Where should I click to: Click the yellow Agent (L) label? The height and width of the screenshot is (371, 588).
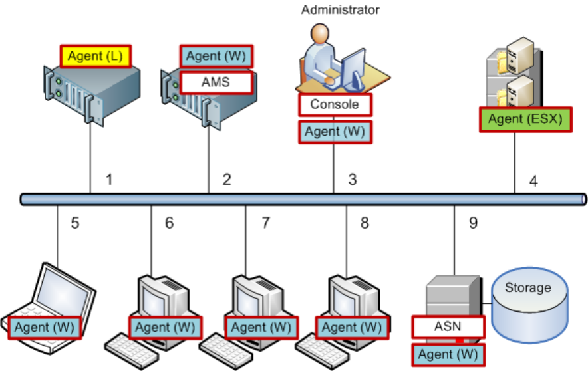coord(96,56)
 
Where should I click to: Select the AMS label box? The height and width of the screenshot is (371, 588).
coord(217,82)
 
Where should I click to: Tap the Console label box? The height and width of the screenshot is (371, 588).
coord(334,104)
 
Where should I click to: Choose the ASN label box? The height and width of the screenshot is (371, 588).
coord(446,326)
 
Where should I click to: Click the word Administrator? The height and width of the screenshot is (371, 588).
coord(340,9)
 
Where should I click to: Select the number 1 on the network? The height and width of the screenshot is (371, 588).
coord(109,180)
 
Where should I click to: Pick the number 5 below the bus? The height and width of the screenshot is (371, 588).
coord(75,223)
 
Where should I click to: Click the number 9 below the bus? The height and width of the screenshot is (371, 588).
coord(473,223)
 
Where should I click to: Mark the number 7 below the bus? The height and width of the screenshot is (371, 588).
coord(265,223)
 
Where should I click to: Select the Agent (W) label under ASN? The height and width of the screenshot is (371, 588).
coord(446,354)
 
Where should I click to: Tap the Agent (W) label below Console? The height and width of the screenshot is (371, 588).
coord(334,131)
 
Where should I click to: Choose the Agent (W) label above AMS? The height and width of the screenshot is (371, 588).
coord(217,56)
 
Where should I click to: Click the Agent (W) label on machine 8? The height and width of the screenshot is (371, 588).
coord(352,327)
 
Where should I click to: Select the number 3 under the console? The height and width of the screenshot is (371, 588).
coord(353,180)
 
